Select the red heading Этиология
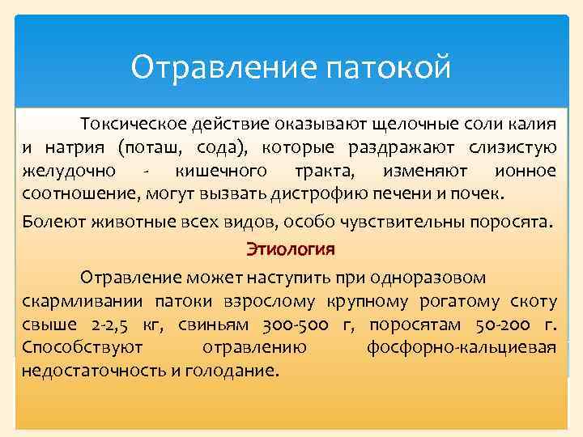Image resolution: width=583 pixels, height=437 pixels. tap(291, 248)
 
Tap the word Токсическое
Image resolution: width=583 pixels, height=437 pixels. tap(131, 124)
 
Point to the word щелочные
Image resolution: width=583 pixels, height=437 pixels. tap(410, 124)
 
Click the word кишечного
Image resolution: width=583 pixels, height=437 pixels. tap(221, 171)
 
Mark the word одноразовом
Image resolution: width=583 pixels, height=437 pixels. tap(428, 278)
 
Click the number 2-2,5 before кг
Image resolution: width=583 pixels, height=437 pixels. tap(102, 325)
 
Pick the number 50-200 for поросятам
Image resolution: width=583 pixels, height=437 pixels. tap(499, 325)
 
